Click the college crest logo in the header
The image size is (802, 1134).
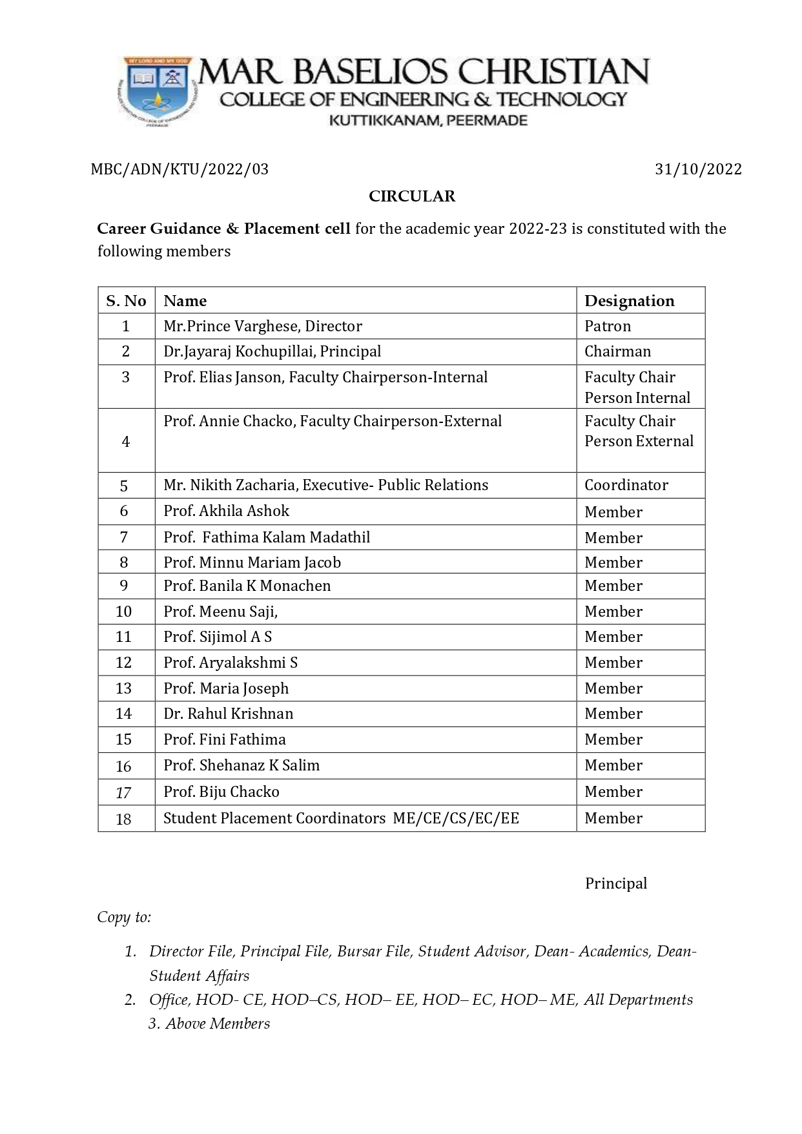tap(156, 92)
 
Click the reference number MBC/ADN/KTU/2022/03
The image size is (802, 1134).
tap(180, 169)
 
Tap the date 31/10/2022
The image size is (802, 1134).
tap(698, 169)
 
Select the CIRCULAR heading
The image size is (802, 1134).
tap(412, 196)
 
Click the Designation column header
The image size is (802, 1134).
tap(629, 301)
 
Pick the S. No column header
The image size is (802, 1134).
tap(126, 301)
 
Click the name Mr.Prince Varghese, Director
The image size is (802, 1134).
tap(263, 326)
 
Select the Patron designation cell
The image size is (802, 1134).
tap(608, 326)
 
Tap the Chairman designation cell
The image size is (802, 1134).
tap(617, 351)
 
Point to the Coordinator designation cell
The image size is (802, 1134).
tap(626, 485)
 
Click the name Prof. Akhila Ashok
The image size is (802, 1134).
tap(226, 511)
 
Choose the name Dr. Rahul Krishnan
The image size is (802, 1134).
tap(228, 714)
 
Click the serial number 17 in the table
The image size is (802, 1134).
tap(123, 792)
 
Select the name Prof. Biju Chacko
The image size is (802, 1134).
tap(221, 792)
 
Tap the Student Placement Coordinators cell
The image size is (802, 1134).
tap(341, 818)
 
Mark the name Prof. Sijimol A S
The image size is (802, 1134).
tap(218, 637)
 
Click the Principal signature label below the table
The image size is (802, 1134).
tap(615, 883)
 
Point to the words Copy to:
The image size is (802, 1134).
tap(124, 917)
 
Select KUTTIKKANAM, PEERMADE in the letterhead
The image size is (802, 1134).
tap(428, 121)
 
